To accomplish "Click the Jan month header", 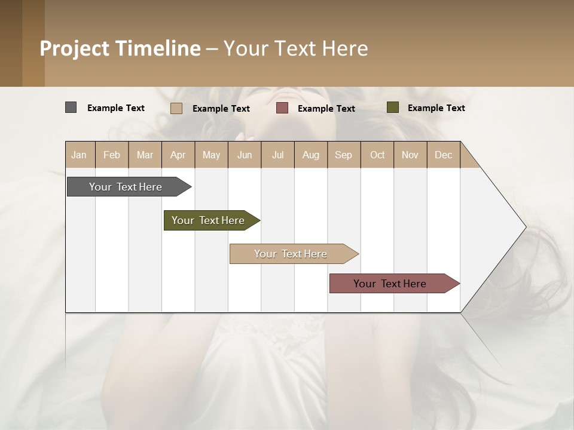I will click(80, 155).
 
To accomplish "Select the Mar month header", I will click(145, 155).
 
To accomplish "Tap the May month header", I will click(211, 155).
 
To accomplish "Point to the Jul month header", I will click(277, 155).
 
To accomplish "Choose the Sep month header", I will click(343, 155).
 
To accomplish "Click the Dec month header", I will click(443, 155).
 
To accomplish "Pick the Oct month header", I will click(377, 155).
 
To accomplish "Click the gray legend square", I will click(71, 107).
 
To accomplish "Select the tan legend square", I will click(176, 108).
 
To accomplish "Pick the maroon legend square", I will click(282, 107).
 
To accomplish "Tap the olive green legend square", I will click(392, 107).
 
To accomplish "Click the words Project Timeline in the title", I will click(120, 48).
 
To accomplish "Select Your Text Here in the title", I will click(296, 48).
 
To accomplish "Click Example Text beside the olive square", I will click(436, 108).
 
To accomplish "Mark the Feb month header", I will click(112, 155).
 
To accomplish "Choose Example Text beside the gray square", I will click(115, 108).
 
